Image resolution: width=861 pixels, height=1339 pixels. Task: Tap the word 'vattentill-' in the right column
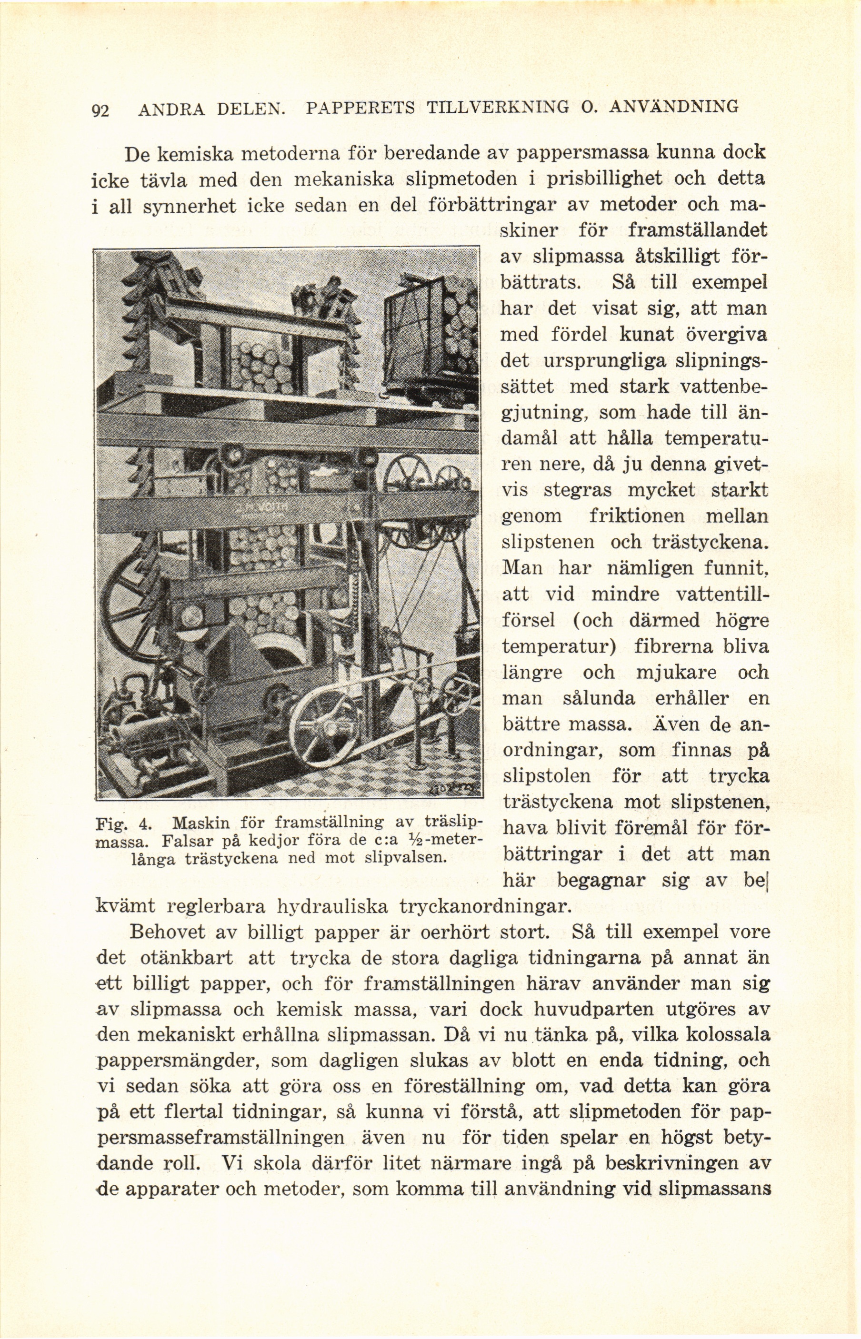coord(722,594)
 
